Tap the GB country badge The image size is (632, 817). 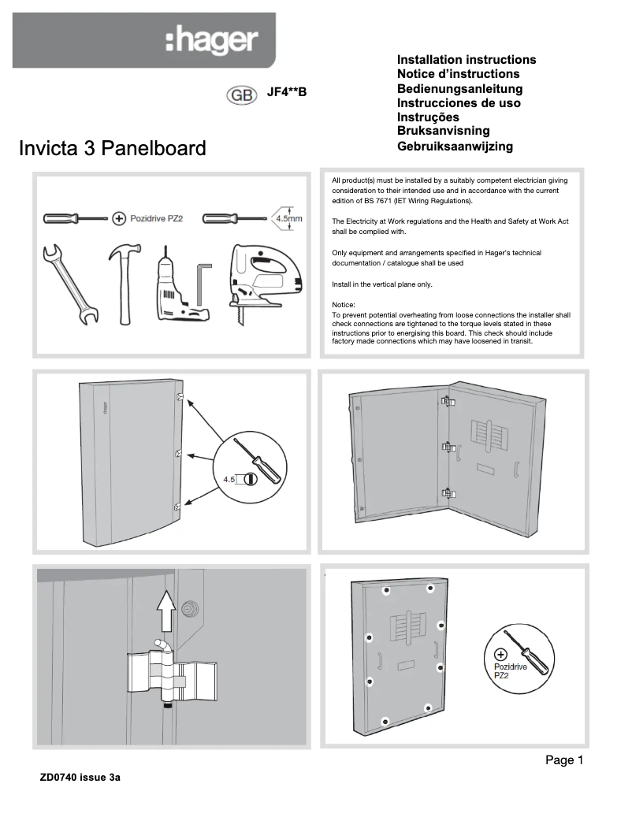point(242,95)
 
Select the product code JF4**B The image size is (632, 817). point(286,93)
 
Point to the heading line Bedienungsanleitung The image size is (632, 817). point(459,88)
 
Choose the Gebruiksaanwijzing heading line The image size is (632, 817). point(455,146)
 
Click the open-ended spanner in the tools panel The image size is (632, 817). point(69,284)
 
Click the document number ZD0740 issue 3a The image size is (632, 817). point(80,778)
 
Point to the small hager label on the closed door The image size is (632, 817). point(103,410)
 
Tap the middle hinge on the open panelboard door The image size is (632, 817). point(448,447)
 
